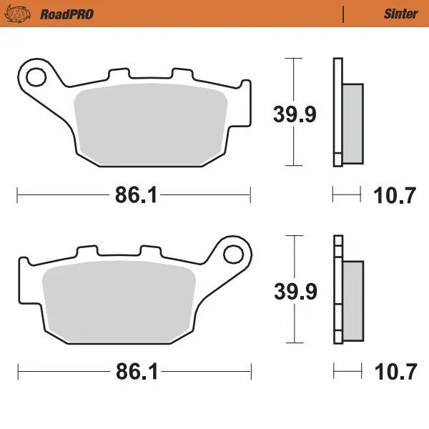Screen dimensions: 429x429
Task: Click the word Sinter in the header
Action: pyautogui.click(x=400, y=14)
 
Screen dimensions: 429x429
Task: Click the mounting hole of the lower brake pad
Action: pyautogui.click(x=232, y=254)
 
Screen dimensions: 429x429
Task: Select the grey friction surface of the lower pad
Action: pyautogui.click(x=118, y=300)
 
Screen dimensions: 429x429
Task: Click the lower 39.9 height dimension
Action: pyautogui.click(x=295, y=291)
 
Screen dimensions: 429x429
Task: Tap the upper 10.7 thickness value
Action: pyautogui.click(x=394, y=195)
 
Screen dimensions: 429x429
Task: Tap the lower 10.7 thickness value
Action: pyautogui.click(x=394, y=373)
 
